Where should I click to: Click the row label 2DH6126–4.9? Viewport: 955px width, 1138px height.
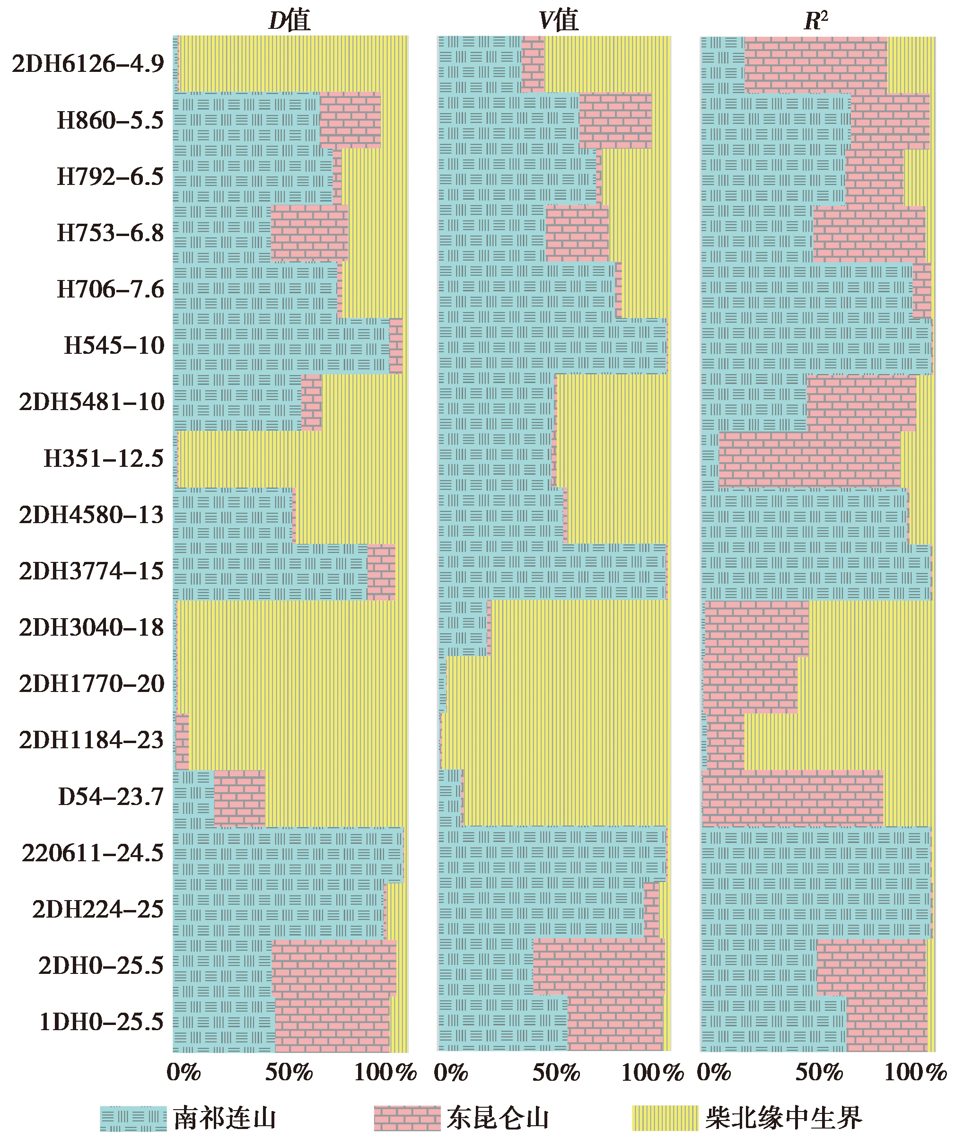[88, 64]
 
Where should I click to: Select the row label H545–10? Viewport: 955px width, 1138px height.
[114, 346]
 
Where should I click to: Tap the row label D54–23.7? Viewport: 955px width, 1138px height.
[111, 797]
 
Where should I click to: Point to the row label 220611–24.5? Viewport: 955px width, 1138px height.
[92, 853]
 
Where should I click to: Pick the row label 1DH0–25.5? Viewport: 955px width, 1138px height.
[101, 1023]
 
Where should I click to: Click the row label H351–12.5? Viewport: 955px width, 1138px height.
[103, 459]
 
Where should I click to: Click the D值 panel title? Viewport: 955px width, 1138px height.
[290, 21]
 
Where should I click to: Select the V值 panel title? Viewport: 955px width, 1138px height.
[559, 21]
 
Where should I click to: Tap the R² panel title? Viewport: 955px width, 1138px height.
[816, 21]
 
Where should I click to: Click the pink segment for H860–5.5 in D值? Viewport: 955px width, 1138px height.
[350, 120]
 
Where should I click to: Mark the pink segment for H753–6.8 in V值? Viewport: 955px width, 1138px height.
[577, 233]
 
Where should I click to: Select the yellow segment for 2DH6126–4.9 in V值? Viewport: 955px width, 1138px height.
[607, 64]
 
